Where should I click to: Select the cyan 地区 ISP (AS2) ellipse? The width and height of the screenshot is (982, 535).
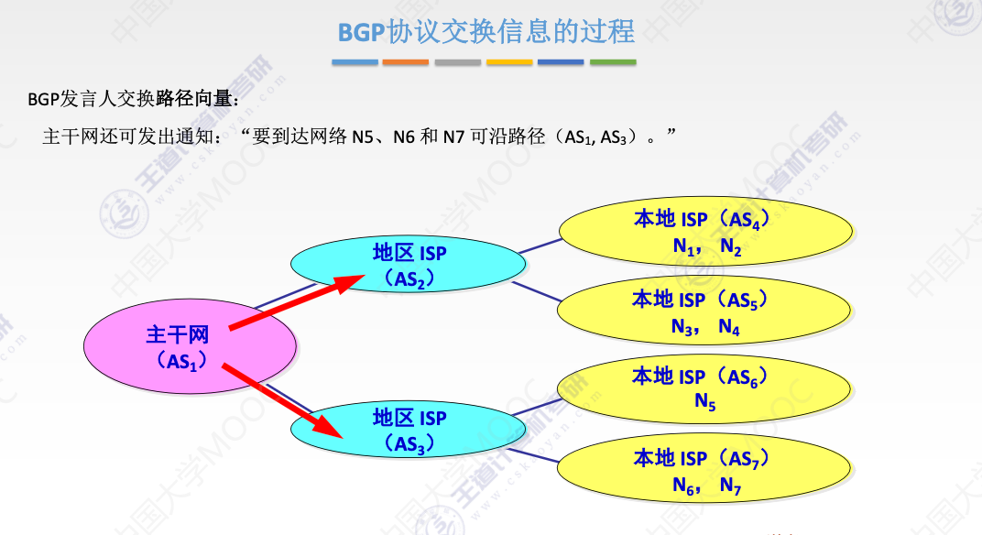409,263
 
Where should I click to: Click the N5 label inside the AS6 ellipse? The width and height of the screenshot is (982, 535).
704,401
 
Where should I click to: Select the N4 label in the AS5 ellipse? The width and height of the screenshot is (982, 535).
728,327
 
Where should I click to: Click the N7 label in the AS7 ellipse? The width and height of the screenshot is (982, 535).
730,486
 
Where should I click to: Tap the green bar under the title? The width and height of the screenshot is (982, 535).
613,62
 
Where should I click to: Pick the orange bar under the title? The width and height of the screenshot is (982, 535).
406,62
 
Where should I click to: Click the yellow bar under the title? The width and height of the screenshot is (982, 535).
509,62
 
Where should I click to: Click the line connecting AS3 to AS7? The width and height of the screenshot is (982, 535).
540,450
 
